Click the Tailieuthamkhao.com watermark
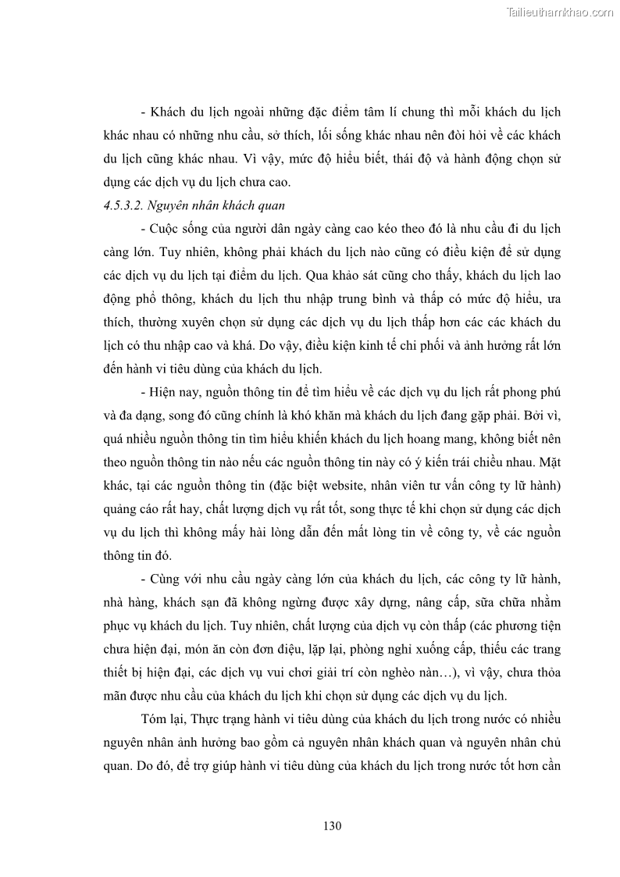point(560,12)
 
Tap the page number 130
point(333,825)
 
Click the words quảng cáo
point(127,509)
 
